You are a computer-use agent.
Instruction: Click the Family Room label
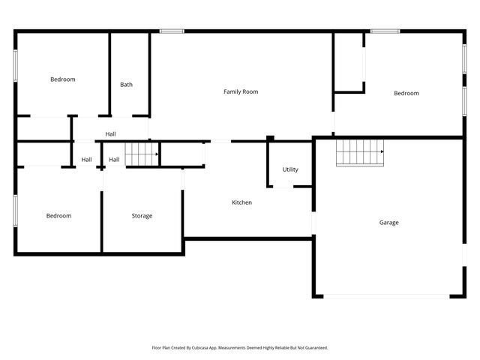241,91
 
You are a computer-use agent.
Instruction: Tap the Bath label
126,85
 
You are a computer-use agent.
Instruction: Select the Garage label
388,223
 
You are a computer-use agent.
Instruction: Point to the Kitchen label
241,202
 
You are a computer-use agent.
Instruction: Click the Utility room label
290,169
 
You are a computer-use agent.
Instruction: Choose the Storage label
142,216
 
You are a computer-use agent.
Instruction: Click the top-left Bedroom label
62,79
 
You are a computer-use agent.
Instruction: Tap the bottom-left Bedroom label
58,216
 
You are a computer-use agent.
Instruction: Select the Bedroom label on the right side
406,93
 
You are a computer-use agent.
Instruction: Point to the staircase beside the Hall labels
141,154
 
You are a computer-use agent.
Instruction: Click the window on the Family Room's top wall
172,31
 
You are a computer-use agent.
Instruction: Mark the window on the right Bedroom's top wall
385,31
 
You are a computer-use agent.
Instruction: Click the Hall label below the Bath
110,134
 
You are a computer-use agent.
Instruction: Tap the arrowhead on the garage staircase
382,151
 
